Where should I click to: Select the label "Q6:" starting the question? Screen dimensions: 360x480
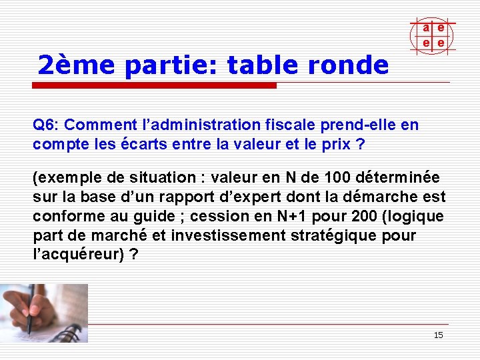[x=46, y=125]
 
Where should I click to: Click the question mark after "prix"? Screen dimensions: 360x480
[x=361, y=144]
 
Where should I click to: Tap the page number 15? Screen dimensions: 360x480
[x=438, y=335]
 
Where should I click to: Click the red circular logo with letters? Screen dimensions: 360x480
[x=433, y=35]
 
